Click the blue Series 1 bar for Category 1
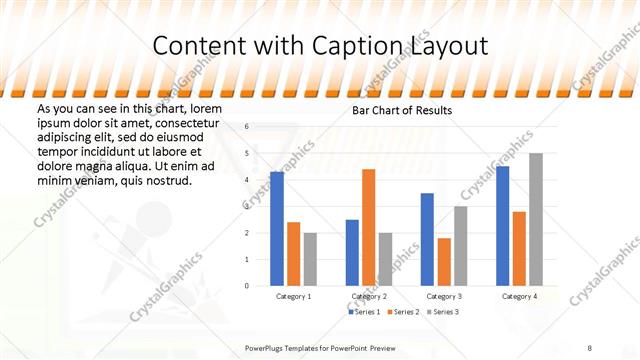(x=277, y=229)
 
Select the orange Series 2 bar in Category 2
(x=368, y=227)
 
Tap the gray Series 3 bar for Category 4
(x=536, y=219)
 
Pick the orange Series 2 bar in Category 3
(x=444, y=261)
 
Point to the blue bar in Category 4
(x=502, y=226)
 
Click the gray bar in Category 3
(x=461, y=245)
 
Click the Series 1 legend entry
(x=366, y=312)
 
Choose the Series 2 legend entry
(x=403, y=312)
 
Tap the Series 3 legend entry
(x=443, y=312)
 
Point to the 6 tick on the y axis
(x=247, y=127)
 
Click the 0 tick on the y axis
(x=247, y=286)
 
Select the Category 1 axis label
(x=293, y=296)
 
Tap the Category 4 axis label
(x=519, y=296)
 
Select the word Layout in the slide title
(x=451, y=46)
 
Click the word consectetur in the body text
(x=189, y=121)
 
